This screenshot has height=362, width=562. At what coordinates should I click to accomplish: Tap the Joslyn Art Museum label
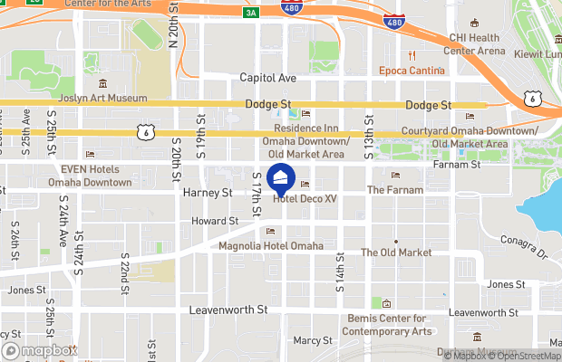pyautogui.click(x=103, y=99)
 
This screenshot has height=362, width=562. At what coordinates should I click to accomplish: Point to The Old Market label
pyautogui.click(x=397, y=252)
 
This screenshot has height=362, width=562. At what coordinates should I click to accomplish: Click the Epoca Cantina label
pyautogui.click(x=412, y=71)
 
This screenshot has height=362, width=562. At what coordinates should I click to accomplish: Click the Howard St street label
pyautogui.click(x=215, y=221)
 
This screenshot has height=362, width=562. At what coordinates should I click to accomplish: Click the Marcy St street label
pyautogui.click(x=315, y=340)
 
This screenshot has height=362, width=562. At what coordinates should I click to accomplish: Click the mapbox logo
pyautogui.click(x=39, y=350)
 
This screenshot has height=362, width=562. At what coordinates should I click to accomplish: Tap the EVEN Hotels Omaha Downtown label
pyautogui.click(x=96, y=176)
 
